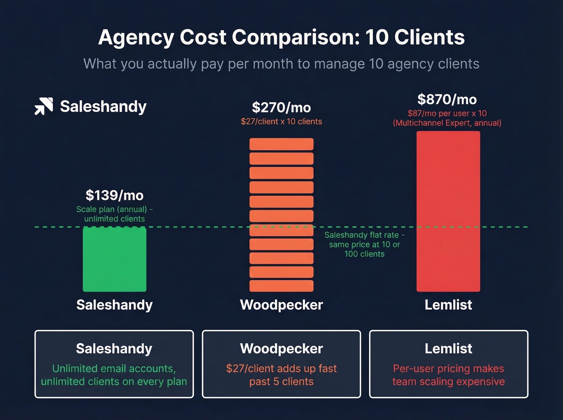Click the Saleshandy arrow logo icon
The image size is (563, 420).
pos(43,106)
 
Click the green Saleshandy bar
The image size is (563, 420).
pos(115,259)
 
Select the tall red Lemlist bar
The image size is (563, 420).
pos(448,211)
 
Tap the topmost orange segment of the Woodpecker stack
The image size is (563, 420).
pos(281,144)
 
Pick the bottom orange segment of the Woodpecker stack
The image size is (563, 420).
pos(281,286)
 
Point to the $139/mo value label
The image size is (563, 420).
pos(115,195)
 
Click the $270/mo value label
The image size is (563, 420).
pos(281,107)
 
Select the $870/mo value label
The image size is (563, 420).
pos(447,99)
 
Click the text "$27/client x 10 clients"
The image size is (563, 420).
pos(281,121)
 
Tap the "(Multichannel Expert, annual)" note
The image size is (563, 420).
pos(447,123)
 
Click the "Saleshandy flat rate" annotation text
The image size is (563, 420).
pos(364,235)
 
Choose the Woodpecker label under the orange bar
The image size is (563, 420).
pos(281,305)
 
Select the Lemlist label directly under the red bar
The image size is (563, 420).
pos(448,305)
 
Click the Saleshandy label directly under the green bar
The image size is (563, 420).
pos(115,305)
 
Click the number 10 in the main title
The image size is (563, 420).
pos(377,37)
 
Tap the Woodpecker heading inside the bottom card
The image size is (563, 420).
pos(281,348)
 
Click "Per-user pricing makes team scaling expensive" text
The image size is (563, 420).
pos(448,375)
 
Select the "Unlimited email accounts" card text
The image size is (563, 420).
pos(114,369)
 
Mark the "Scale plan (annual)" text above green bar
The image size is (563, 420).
pos(112,209)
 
